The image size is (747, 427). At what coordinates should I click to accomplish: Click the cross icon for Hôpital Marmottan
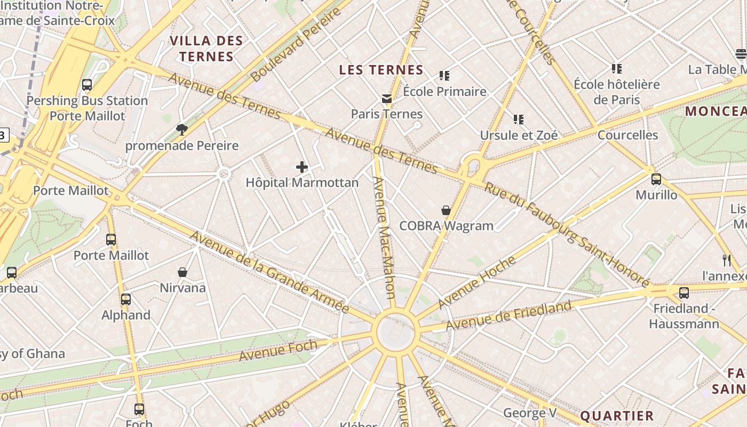(x=302, y=167)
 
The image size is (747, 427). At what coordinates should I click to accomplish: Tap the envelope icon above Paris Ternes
(x=387, y=99)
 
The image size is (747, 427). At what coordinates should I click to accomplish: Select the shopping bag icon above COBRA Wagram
(x=446, y=211)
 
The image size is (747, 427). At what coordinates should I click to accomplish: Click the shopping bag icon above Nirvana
(x=182, y=273)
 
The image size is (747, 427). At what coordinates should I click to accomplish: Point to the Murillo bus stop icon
(x=656, y=179)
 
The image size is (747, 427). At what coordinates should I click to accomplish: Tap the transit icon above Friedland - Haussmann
(x=684, y=292)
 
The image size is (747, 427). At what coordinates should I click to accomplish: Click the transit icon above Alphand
(x=126, y=299)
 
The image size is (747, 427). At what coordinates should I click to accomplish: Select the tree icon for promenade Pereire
(x=182, y=130)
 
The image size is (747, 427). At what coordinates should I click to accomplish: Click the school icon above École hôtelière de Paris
(x=617, y=69)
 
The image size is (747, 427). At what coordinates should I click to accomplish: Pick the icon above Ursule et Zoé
(x=519, y=120)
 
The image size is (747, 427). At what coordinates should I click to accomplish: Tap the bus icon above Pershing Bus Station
(x=87, y=85)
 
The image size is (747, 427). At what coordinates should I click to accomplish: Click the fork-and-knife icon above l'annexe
(x=726, y=260)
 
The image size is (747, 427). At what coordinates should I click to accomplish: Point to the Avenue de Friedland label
(x=508, y=315)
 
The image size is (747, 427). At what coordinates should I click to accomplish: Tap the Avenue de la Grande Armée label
(x=269, y=272)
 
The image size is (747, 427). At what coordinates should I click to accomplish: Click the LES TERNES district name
(x=381, y=70)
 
